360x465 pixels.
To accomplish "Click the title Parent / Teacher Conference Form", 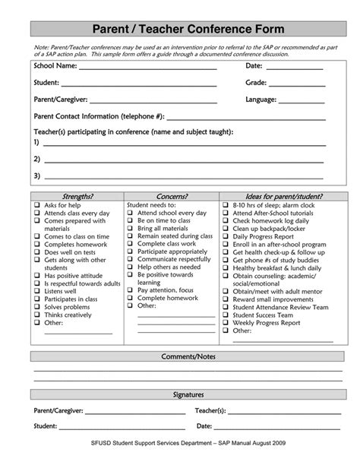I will [179, 29].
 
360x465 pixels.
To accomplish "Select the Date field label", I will [254, 66].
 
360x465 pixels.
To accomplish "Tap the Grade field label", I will [256, 82].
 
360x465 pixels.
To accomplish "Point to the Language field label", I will [261, 99].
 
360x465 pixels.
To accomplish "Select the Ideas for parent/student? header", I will [278, 196].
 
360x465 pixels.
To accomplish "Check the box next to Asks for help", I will [36, 206].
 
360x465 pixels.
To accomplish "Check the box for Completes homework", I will [36, 245].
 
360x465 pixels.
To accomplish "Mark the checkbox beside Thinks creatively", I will [36, 315].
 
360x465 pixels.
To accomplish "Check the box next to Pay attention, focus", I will [131, 290].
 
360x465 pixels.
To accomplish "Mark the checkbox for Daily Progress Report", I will [226, 236].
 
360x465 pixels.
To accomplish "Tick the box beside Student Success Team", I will [226, 315].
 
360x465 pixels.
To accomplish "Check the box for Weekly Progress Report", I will [226, 323].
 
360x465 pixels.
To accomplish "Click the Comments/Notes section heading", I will [179, 356].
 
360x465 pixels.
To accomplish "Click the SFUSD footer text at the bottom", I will [179, 453].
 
